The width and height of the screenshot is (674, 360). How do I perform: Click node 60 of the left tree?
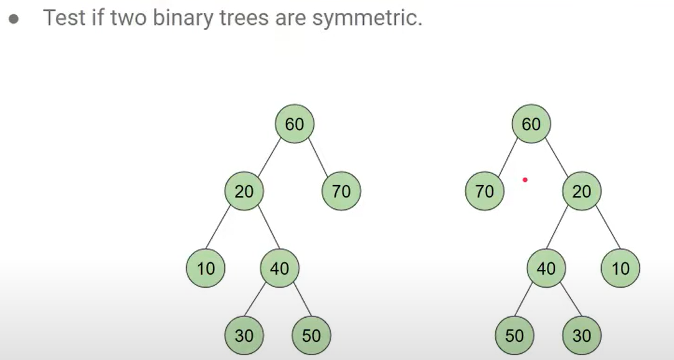pyautogui.click(x=295, y=124)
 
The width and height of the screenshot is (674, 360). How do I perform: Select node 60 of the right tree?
pyautogui.click(x=531, y=124)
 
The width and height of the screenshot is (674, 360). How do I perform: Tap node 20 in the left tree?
pyautogui.click(x=244, y=191)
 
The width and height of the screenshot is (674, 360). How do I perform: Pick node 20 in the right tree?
pyautogui.click(x=581, y=191)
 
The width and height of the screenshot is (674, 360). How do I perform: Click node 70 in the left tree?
pyautogui.click(x=341, y=191)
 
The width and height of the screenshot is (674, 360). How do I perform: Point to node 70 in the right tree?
pyautogui.click(x=484, y=191)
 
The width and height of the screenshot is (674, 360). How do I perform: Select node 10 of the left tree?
pyautogui.click(x=206, y=268)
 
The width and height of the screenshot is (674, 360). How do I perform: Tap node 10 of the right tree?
pyautogui.click(x=620, y=268)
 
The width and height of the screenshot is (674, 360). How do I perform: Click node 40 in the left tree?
pyautogui.click(x=279, y=268)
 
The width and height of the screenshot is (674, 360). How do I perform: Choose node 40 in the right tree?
pyautogui.click(x=546, y=268)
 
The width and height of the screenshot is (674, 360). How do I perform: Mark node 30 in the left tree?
pyautogui.click(x=244, y=336)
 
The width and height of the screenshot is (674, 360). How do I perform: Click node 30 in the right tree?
pyautogui.click(x=581, y=336)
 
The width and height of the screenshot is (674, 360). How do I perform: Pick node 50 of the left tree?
pyautogui.click(x=311, y=336)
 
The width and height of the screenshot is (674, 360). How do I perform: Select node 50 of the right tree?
pyautogui.click(x=514, y=336)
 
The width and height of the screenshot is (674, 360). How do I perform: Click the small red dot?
pyautogui.click(x=525, y=180)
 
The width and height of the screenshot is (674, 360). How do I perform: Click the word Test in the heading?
pyautogui.click(x=64, y=17)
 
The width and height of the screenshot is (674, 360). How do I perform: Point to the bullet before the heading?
pyautogui.click(x=14, y=19)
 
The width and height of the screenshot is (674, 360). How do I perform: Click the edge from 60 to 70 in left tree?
pyautogui.click(x=318, y=158)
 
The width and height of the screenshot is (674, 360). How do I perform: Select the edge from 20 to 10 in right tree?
pyautogui.click(x=602, y=230)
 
